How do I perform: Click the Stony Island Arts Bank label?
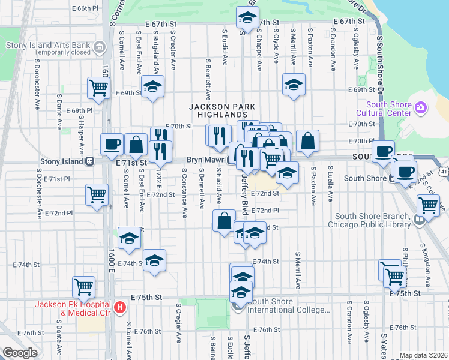pyautogui.click(x=46, y=45)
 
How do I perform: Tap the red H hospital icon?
pyautogui.click(x=119, y=308)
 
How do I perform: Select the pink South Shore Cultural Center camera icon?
pyautogui.click(x=421, y=107)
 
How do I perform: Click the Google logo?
pyautogui.click(x=20, y=352)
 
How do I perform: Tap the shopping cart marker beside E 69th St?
pyautogui.click(x=97, y=88)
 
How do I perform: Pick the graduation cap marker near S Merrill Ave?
pyautogui.click(x=294, y=84)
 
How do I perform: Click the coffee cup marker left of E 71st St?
pyautogui.click(x=112, y=143)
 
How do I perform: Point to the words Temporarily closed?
pyautogui.click(x=49, y=53)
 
